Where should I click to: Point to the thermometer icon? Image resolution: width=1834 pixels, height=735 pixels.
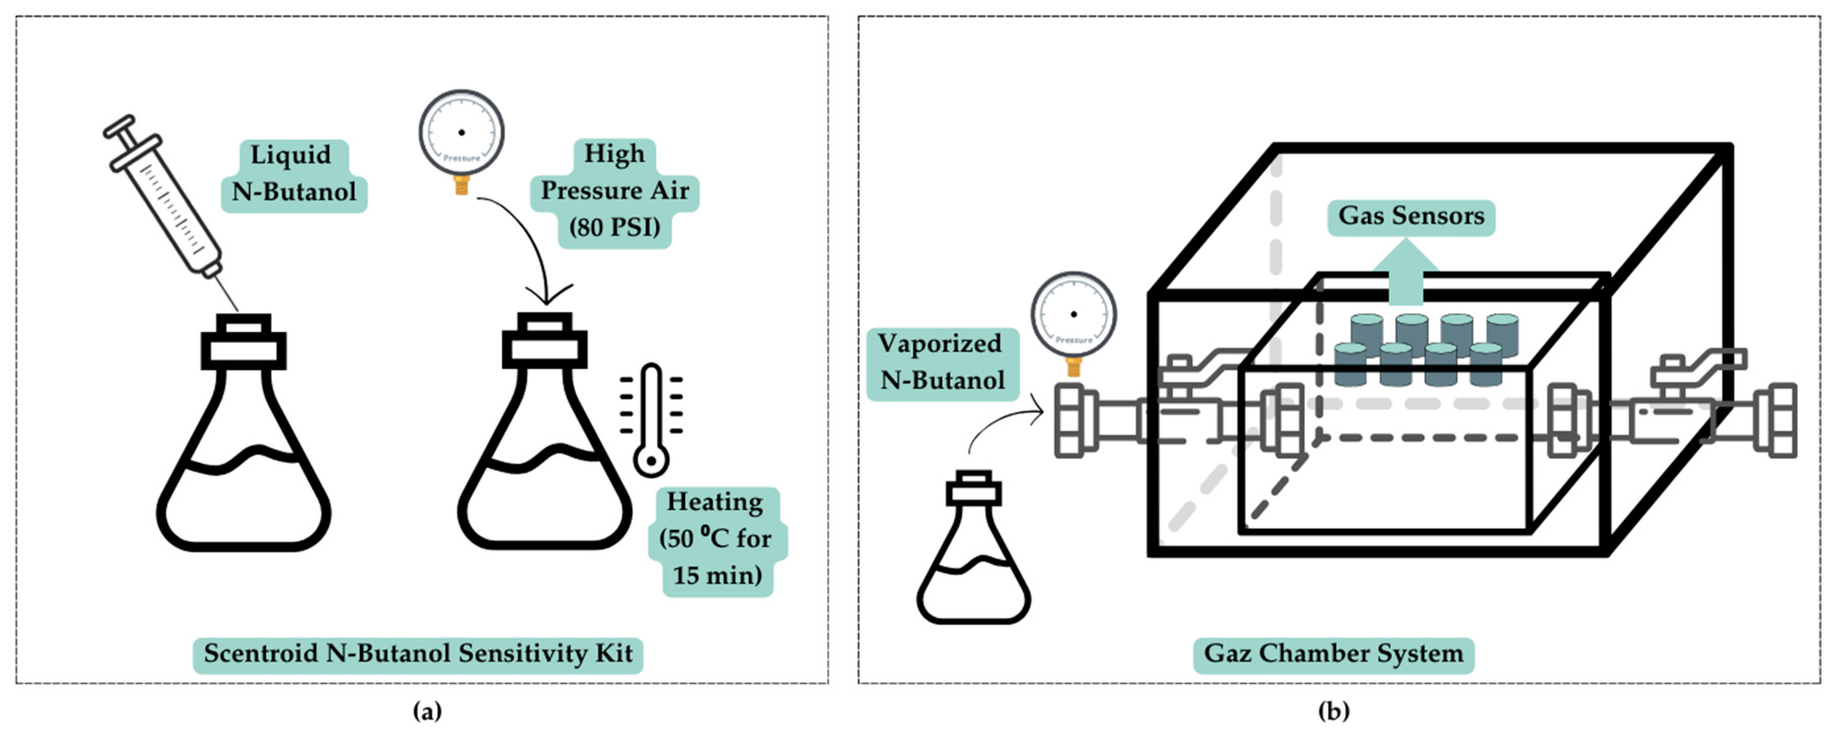pos(651,420)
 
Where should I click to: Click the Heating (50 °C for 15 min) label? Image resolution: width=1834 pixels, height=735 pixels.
pos(716,540)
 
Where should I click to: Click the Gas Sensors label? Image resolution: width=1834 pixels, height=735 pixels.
pos(1410,216)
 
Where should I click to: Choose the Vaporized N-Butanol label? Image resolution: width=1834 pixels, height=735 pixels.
pos(941,362)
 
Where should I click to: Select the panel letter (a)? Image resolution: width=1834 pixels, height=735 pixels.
pos(427,711)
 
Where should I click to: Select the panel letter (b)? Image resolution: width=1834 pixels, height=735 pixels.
pos(1333,711)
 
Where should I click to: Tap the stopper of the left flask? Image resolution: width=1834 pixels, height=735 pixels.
pos(244,342)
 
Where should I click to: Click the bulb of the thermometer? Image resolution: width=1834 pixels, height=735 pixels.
pos(651,461)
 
